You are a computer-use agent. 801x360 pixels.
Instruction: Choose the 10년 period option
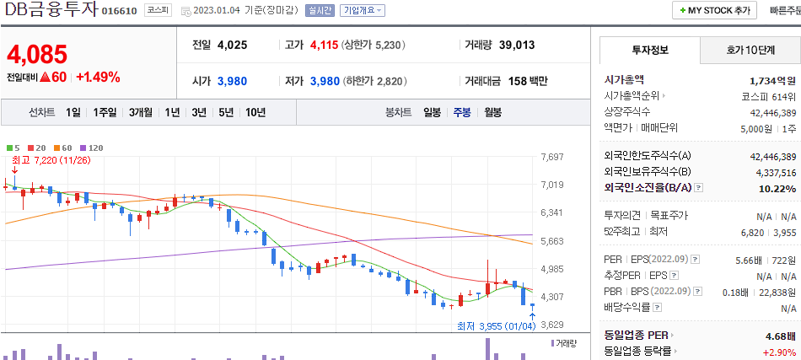(255, 112)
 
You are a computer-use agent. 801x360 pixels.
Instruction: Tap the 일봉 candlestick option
(432, 112)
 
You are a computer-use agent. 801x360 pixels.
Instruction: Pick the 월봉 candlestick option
(492, 112)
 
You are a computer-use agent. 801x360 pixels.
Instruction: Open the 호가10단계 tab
(750, 50)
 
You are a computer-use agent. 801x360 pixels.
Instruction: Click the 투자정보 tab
(650, 50)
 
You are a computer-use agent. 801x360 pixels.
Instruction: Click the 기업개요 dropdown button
(363, 11)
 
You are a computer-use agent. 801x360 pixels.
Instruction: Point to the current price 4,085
(36, 56)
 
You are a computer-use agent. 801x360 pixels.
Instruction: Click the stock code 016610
(120, 11)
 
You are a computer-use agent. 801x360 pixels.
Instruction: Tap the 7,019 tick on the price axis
(552, 185)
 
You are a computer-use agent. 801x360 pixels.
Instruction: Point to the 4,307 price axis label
(552, 297)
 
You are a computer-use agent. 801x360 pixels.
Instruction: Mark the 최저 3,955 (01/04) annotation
(495, 326)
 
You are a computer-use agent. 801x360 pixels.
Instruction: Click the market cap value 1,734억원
(772, 80)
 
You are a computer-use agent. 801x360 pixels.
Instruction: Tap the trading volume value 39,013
(516, 46)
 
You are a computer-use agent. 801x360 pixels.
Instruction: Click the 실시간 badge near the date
(320, 11)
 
